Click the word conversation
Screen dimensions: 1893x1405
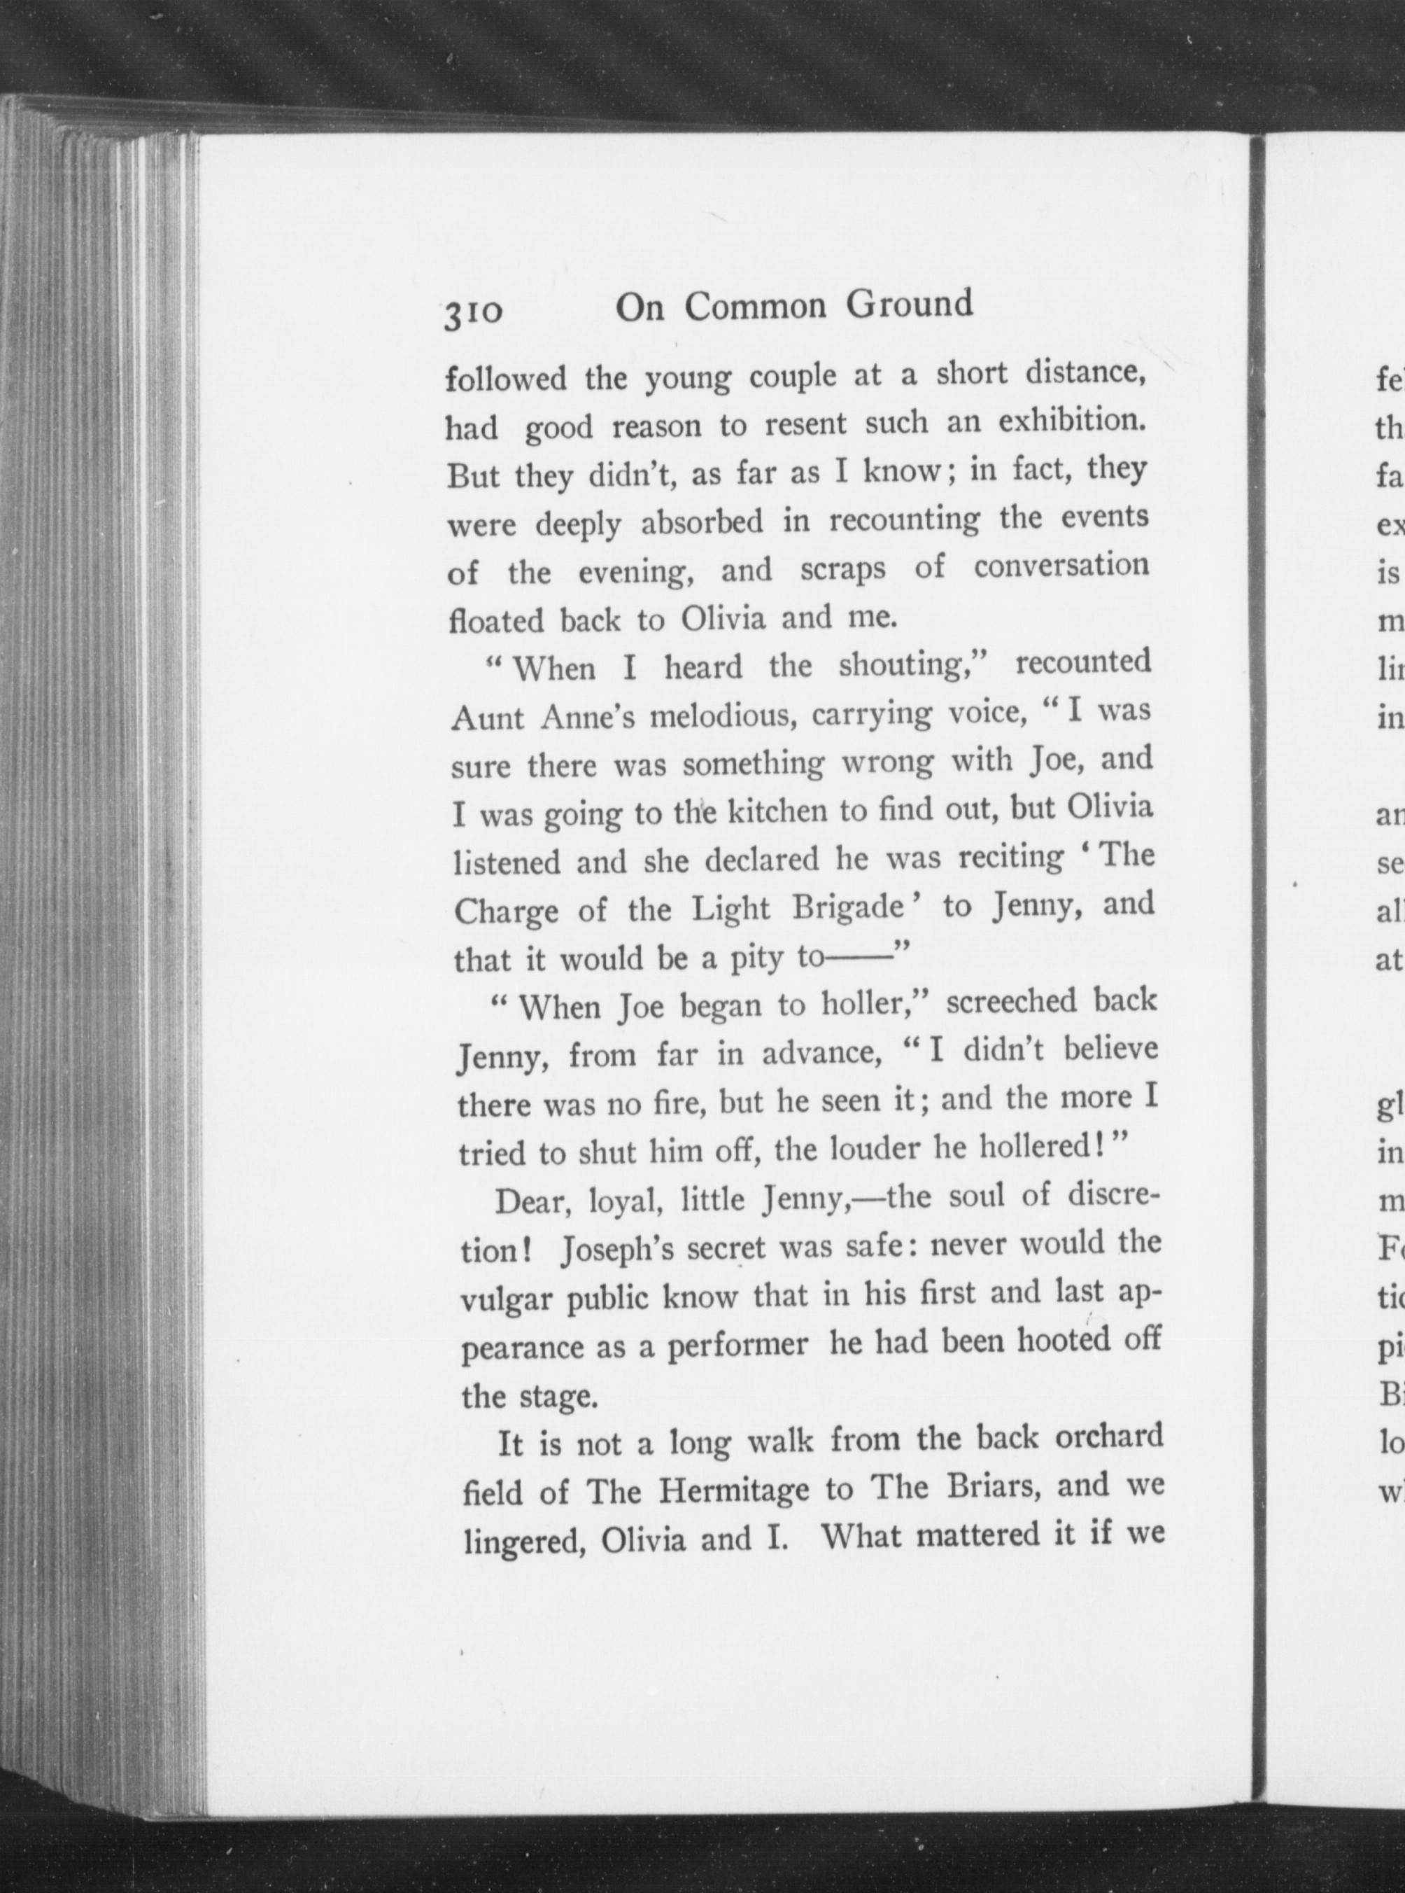coord(1061,566)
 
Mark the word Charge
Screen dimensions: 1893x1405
coord(506,912)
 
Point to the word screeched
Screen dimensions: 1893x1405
coord(1011,1001)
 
